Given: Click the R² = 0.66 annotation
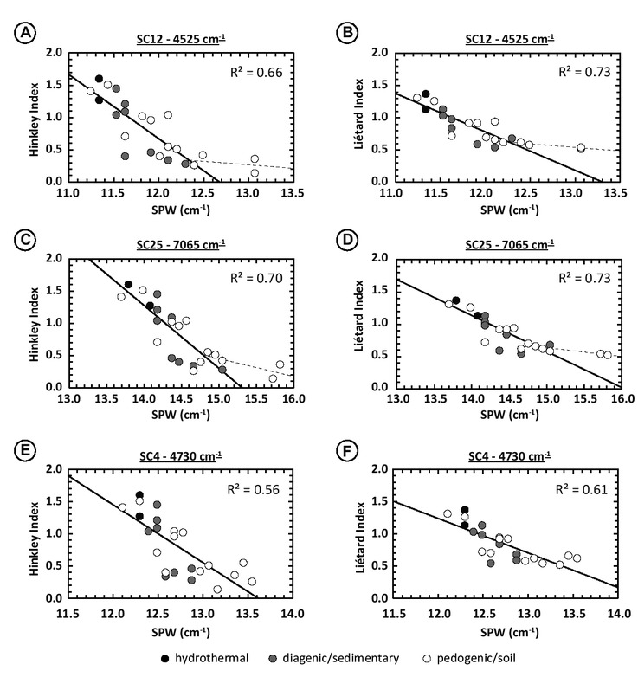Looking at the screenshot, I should click(257, 72).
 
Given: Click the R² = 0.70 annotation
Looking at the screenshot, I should click(257, 281).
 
